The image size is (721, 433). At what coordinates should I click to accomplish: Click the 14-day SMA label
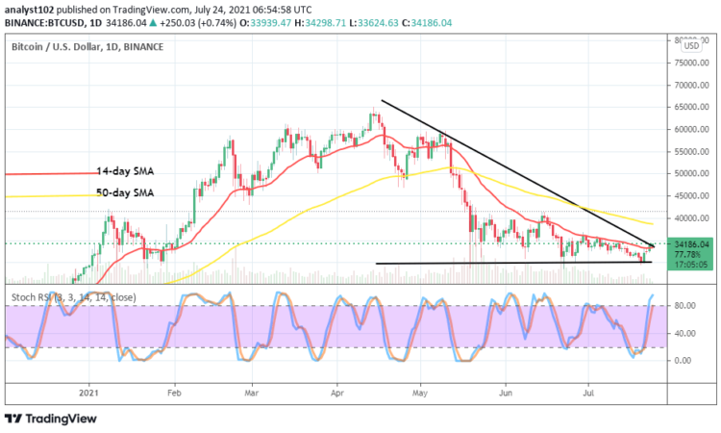pos(124,170)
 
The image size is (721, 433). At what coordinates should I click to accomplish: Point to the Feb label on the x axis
pos(174,393)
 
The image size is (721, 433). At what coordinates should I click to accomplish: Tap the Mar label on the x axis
pos(252,393)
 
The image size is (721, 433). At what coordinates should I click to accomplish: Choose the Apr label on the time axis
pos(336,393)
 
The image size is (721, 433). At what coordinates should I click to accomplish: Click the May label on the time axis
pos(419,393)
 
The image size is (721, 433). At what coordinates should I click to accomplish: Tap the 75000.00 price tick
pos(691,64)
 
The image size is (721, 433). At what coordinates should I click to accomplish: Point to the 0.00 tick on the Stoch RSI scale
pos(684,361)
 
